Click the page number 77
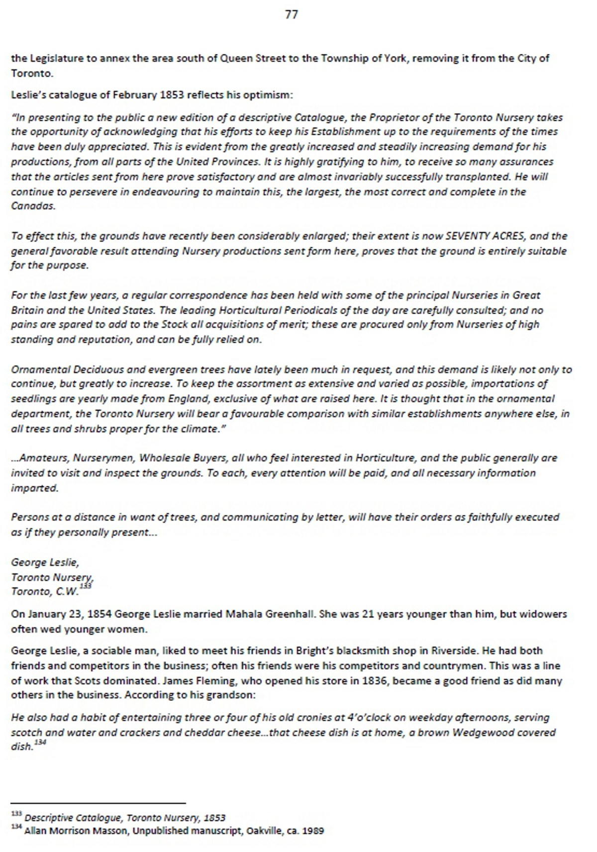[292, 15]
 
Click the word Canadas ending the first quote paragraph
[33, 206]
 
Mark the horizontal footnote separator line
[98, 803]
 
